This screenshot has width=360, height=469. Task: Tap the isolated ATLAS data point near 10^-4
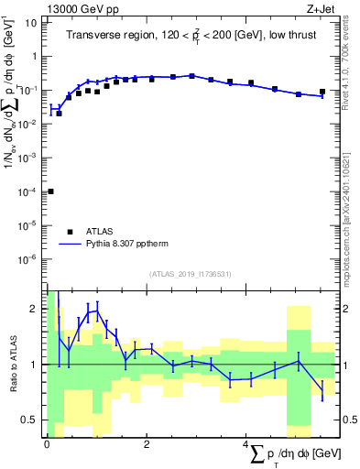tap(50, 191)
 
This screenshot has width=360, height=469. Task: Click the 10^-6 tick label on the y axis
tap(27, 259)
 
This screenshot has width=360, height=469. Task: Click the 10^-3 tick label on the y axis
tap(27, 158)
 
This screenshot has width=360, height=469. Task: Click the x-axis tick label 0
tap(47, 444)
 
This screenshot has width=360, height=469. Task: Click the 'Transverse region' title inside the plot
tap(191, 37)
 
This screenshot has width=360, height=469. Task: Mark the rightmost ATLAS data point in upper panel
tap(322, 92)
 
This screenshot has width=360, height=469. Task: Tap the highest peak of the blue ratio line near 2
tap(96, 311)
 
